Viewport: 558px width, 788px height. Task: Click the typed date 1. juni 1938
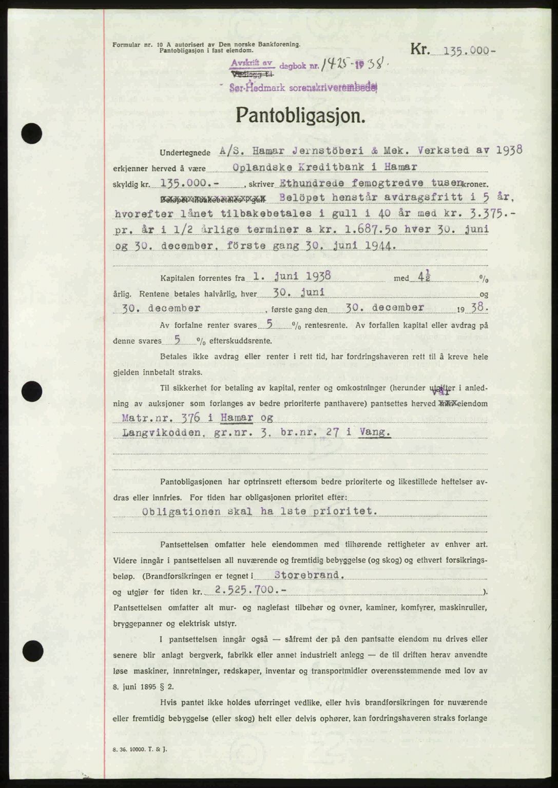pos(292,277)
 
